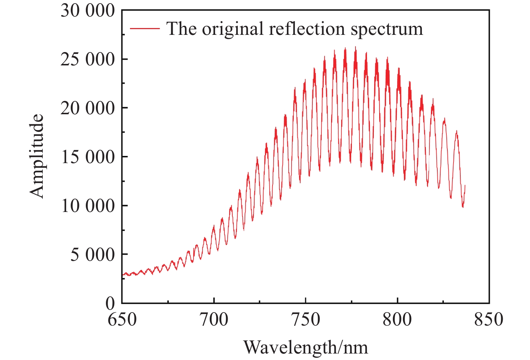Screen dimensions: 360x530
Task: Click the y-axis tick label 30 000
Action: (x=88, y=11)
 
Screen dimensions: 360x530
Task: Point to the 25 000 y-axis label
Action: (x=88, y=60)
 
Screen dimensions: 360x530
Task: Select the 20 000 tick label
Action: (x=88, y=108)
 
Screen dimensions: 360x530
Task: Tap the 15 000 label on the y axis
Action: (x=88, y=157)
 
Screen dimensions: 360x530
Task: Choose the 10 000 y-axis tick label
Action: (x=88, y=206)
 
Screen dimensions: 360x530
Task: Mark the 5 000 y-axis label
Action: (x=92, y=255)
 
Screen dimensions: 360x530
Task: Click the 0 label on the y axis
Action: (x=110, y=304)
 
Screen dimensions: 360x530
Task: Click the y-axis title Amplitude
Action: (x=37, y=156)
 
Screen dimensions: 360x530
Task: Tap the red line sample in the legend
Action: (x=144, y=28)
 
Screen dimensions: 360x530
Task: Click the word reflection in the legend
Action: (x=307, y=29)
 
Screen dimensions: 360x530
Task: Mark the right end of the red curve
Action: (x=465, y=185)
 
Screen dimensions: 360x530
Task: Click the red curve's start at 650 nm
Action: (x=123, y=275)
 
